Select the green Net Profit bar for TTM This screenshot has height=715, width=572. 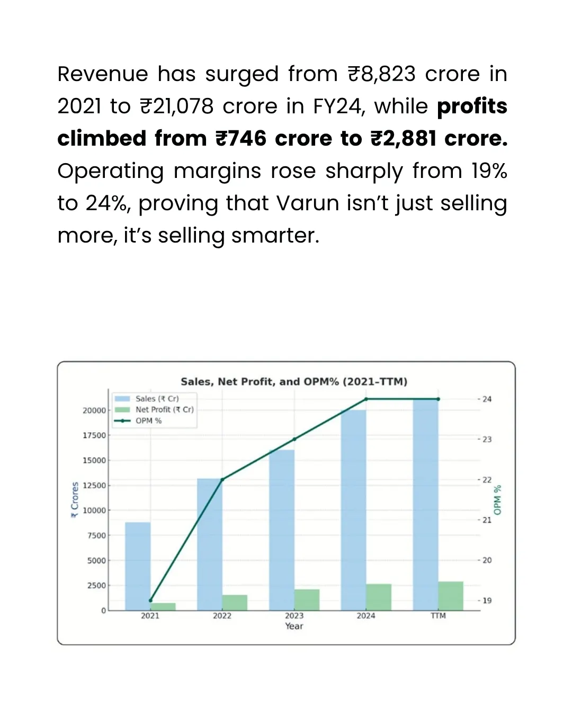(x=451, y=596)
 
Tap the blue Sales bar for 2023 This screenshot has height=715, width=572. (x=282, y=530)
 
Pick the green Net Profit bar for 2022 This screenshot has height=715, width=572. (x=235, y=602)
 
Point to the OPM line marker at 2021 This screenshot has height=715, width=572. (x=150, y=600)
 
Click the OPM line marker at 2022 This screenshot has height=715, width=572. (x=222, y=479)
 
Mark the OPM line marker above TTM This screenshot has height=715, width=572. (x=438, y=399)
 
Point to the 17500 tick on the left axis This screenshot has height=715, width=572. (x=94, y=435)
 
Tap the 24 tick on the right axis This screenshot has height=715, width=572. (x=487, y=399)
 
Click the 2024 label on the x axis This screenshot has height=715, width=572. (x=366, y=615)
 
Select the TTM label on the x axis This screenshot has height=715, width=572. (x=438, y=615)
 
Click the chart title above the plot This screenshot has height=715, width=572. (x=294, y=381)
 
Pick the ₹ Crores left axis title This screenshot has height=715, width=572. (x=75, y=499)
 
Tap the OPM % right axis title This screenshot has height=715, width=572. (x=497, y=499)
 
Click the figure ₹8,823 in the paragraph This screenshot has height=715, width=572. (x=382, y=74)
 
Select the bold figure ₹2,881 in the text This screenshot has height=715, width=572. (x=403, y=139)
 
